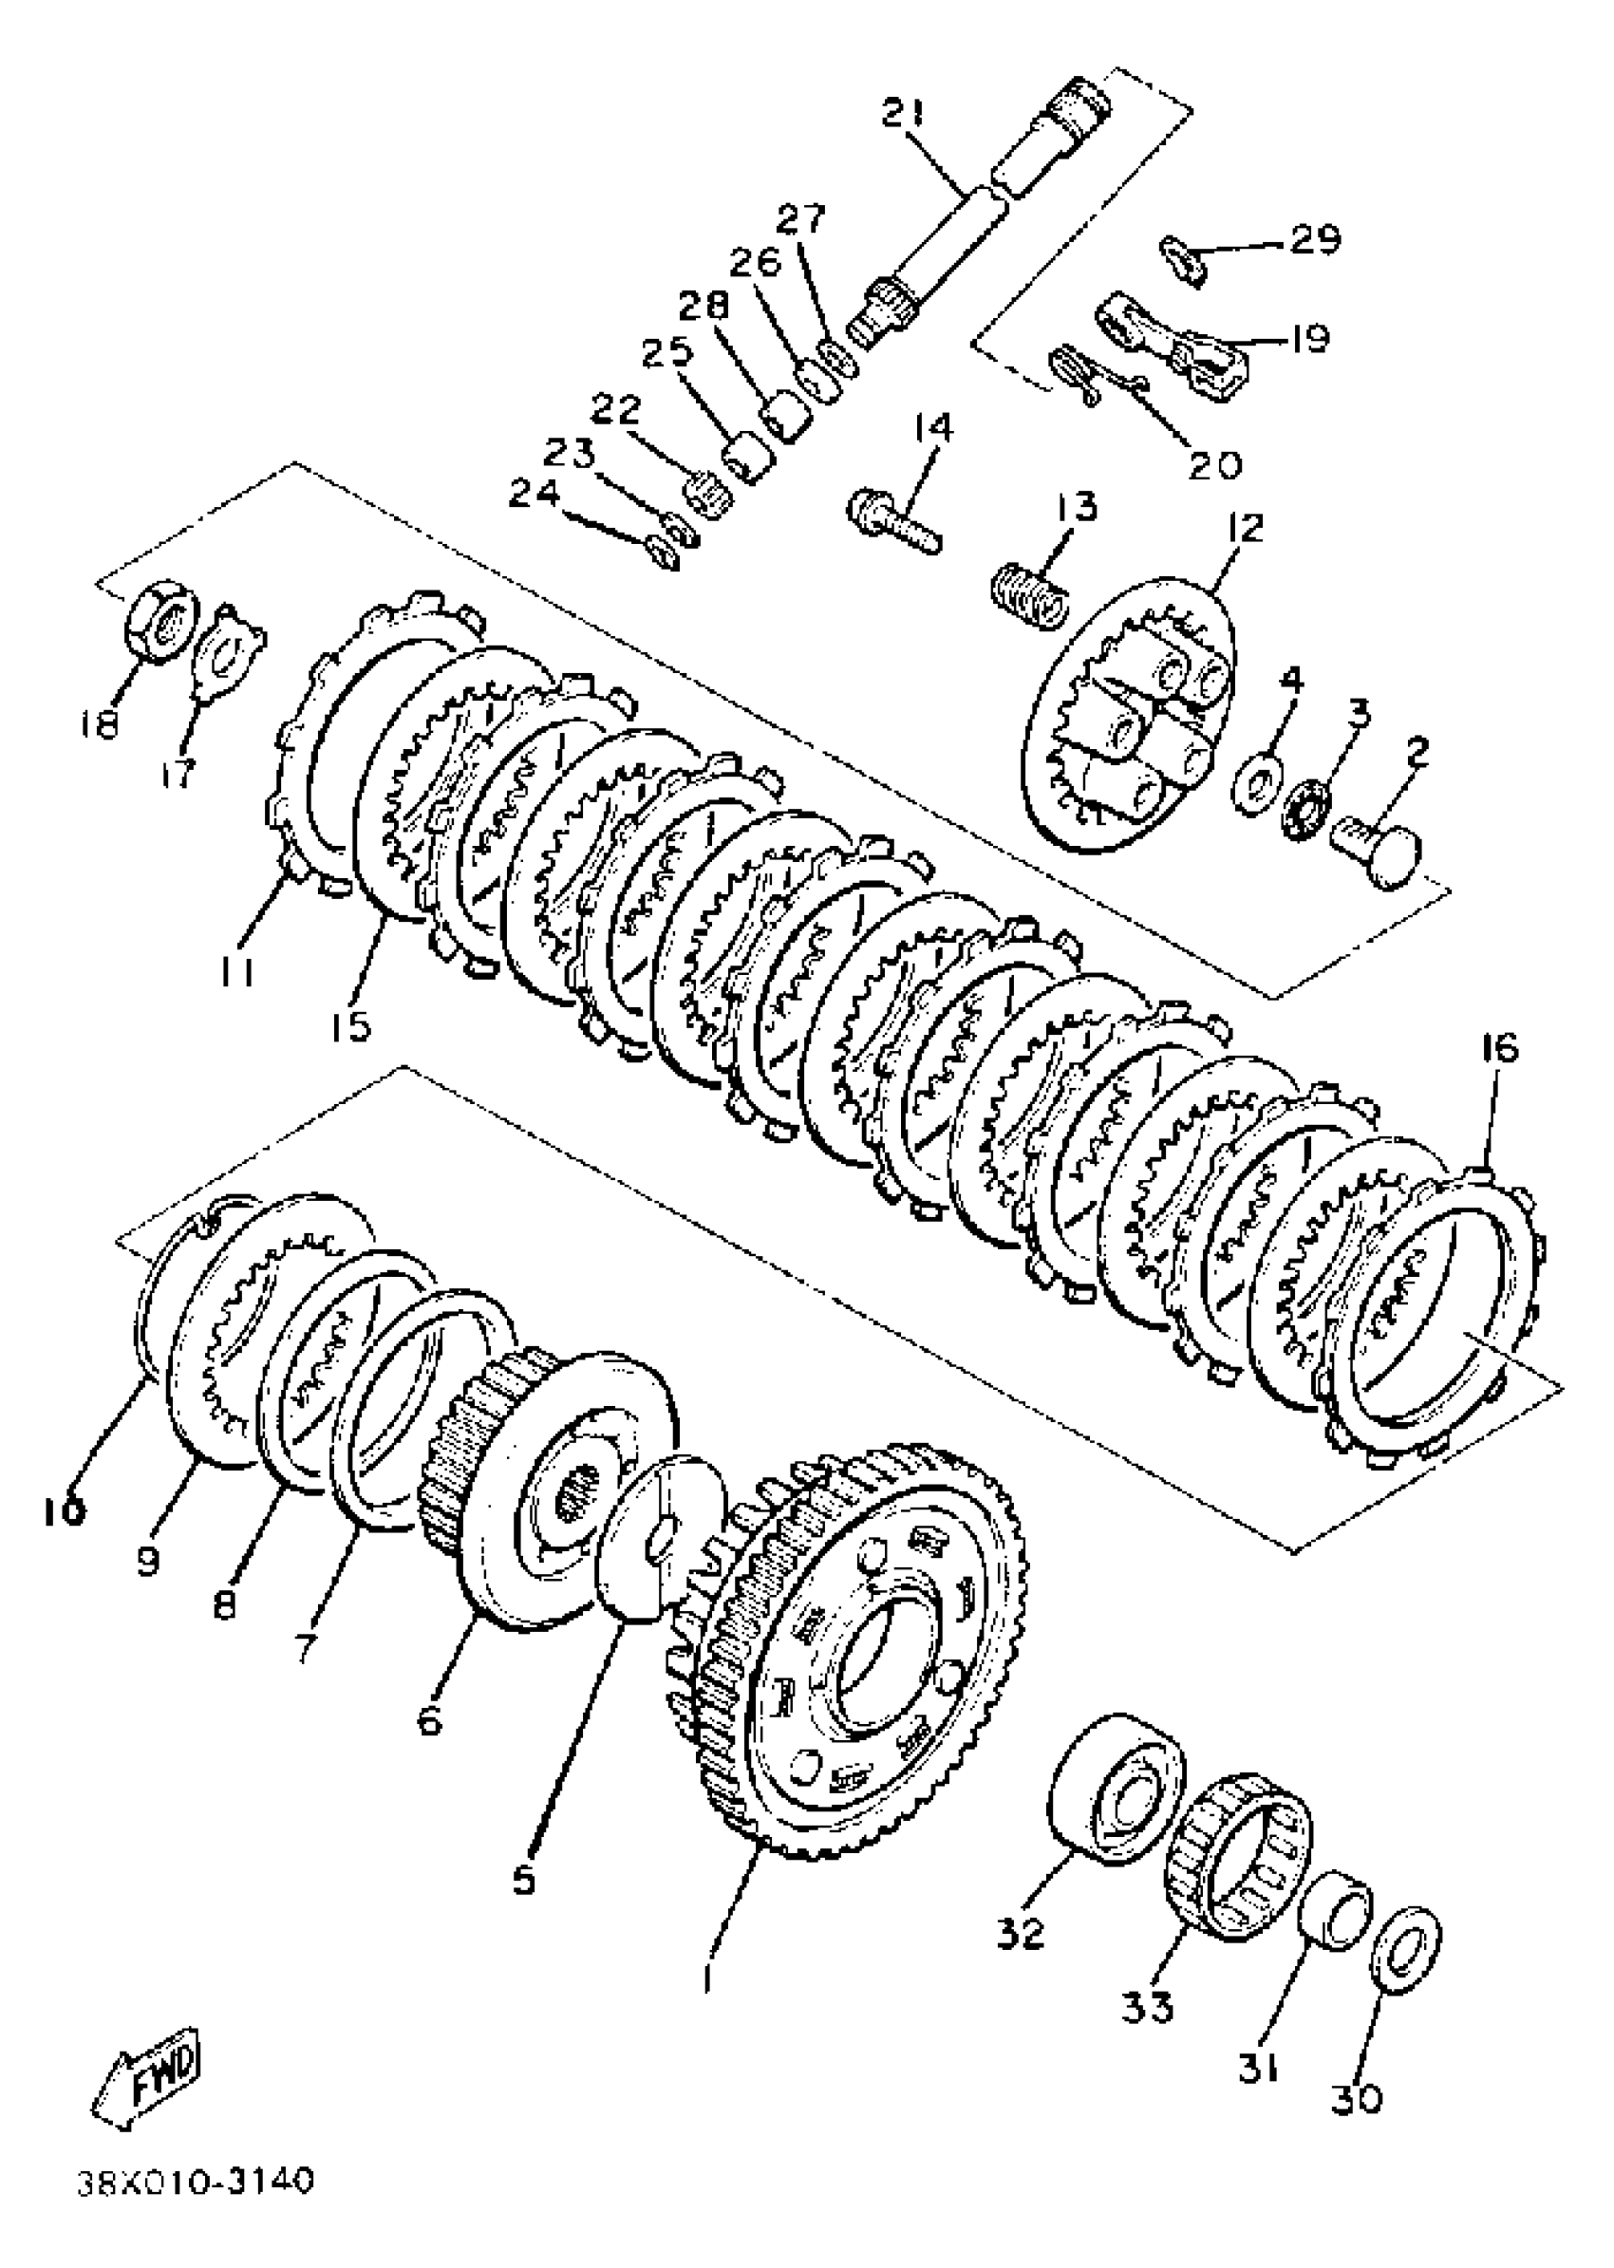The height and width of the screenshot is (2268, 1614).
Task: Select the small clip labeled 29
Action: coord(1185,258)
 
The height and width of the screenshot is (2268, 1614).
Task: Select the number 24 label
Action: coord(535,494)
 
